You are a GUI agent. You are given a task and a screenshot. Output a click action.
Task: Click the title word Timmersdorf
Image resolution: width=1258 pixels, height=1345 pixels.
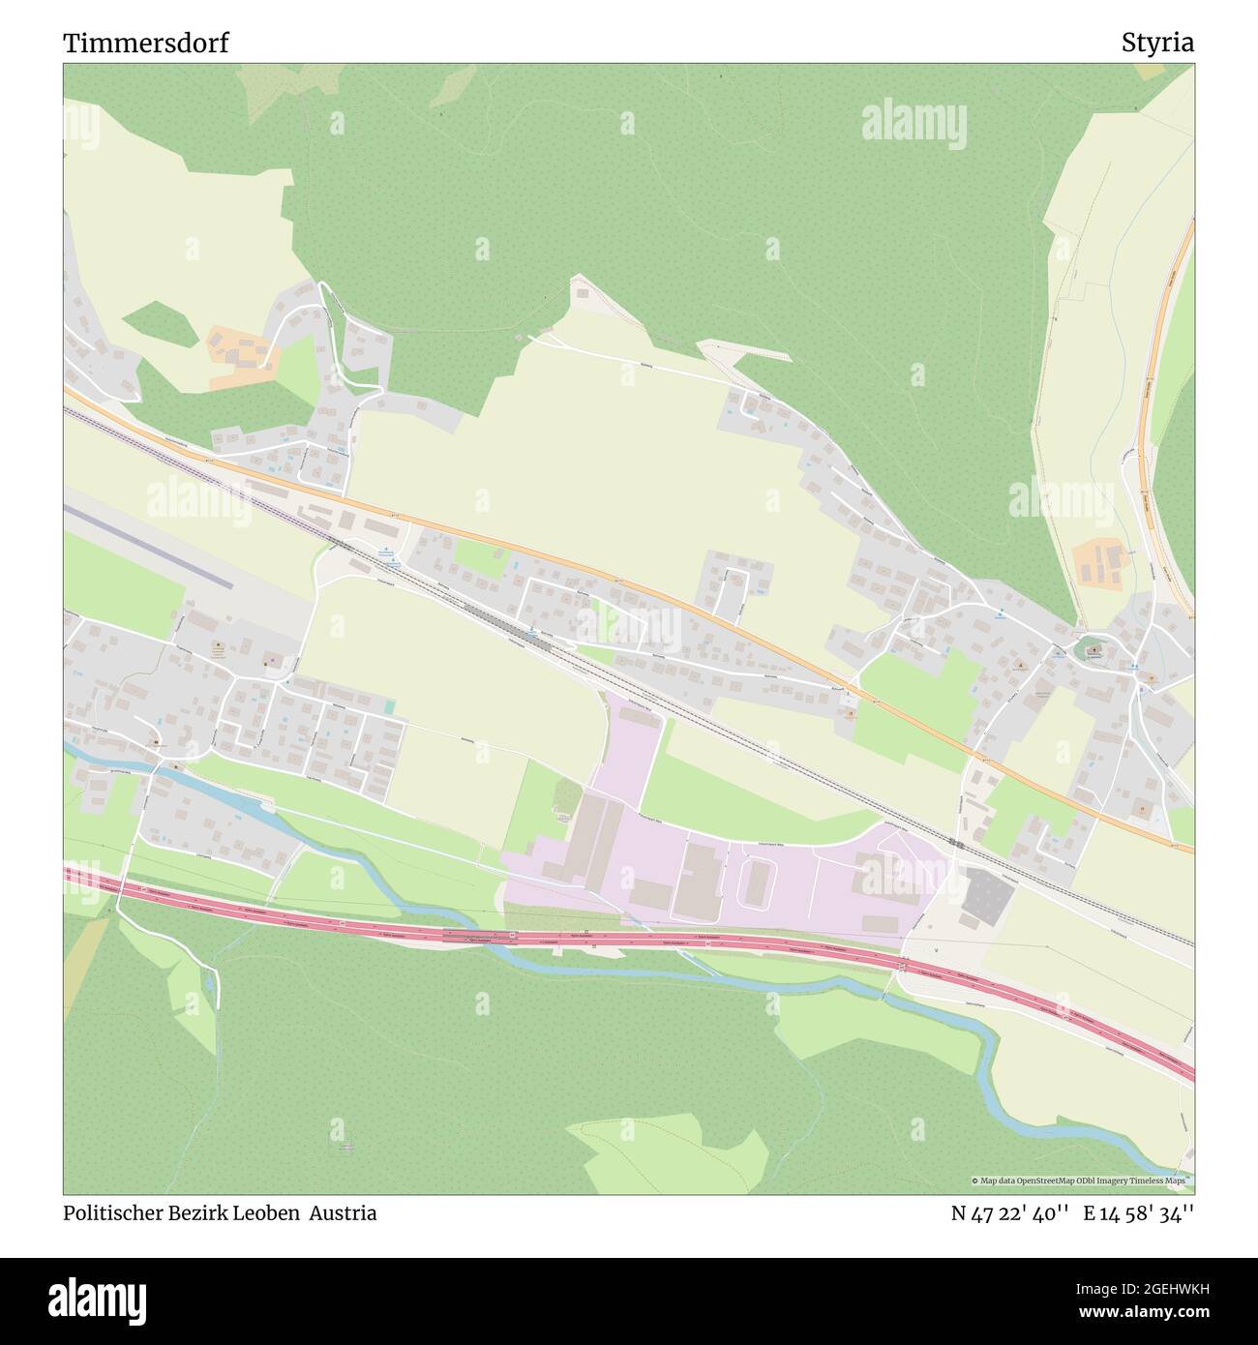(146, 44)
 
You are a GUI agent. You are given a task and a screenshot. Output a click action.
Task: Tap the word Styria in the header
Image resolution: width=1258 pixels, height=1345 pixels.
(1157, 44)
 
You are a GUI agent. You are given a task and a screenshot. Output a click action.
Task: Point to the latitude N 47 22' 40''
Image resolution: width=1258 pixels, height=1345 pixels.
(1009, 1212)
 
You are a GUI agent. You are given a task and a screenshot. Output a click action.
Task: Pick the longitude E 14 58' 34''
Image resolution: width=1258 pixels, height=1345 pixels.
(1139, 1212)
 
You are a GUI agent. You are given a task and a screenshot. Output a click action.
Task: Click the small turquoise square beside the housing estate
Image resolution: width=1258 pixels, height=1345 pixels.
(389, 707)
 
